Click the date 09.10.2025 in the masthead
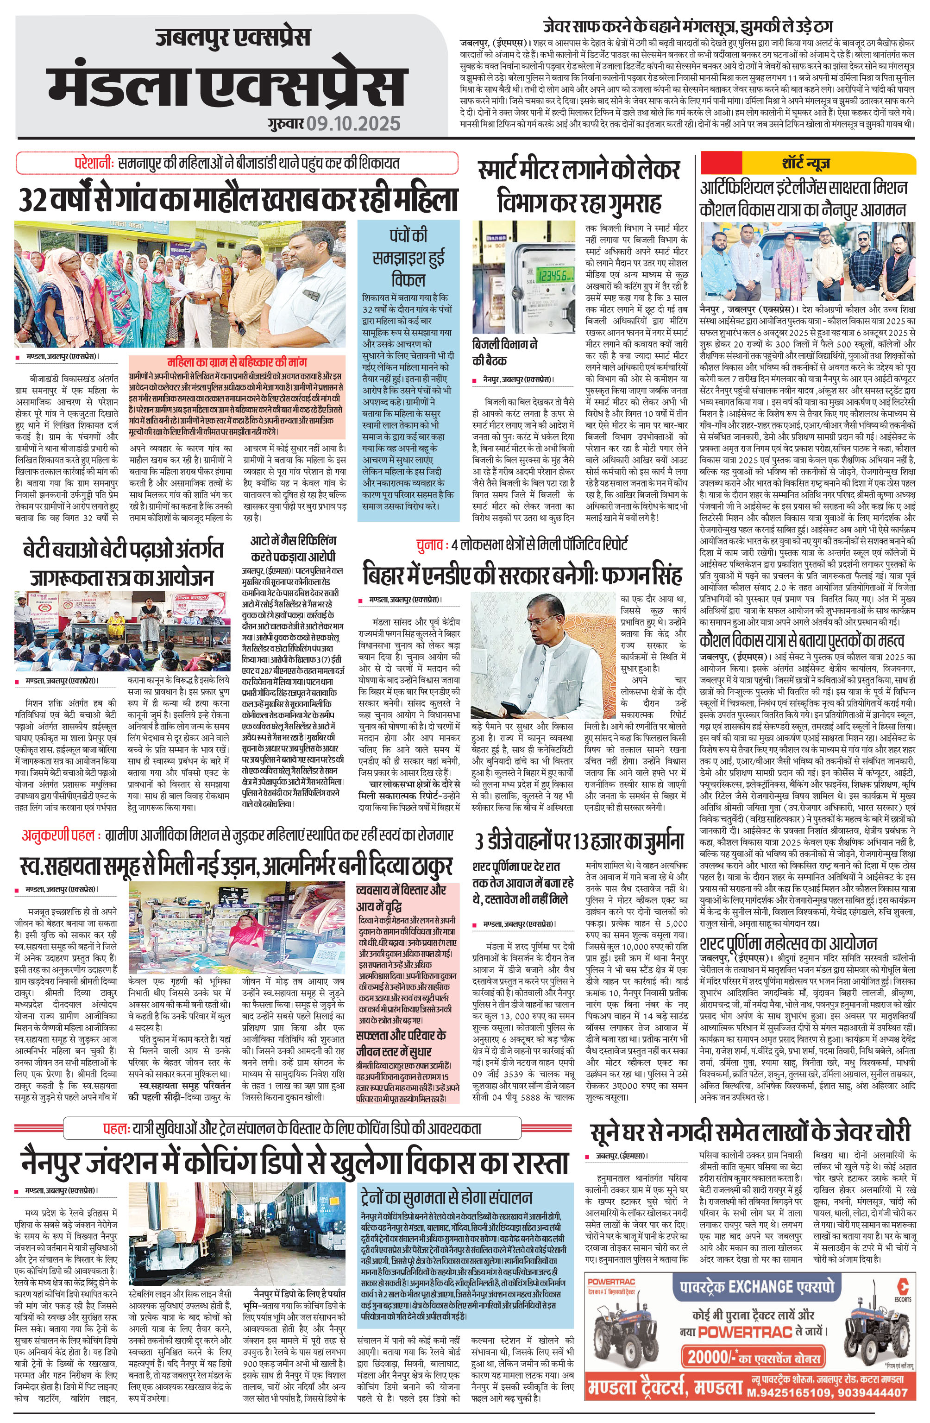pos(354,123)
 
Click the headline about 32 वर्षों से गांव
pos(238,200)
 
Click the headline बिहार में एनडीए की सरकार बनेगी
pos(522,576)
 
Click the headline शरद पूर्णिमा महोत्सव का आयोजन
pos(788,944)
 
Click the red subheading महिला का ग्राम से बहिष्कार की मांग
pos(237,363)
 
